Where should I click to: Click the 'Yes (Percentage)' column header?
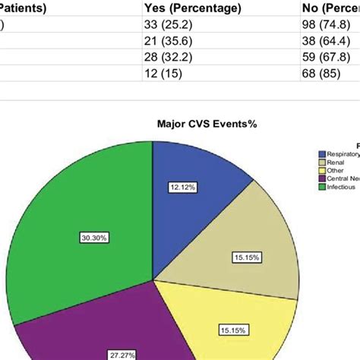(x=193, y=8)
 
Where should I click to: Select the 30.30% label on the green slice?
(x=94, y=238)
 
